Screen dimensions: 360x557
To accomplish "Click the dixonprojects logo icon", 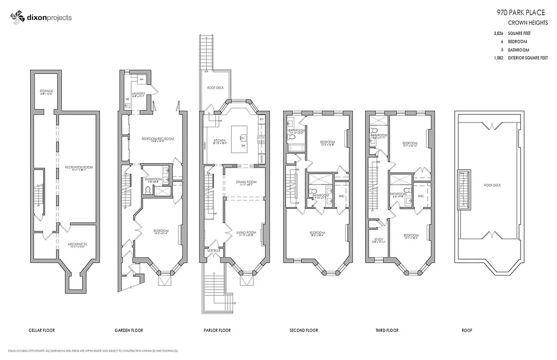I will click(17, 17).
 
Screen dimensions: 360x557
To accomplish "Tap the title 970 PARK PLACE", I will click(521, 13).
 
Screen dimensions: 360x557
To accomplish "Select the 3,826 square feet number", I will click(498, 33).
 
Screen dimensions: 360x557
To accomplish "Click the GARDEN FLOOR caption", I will click(129, 330).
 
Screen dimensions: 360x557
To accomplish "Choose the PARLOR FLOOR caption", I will click(217, 330).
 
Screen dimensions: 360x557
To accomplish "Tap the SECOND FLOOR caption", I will click(303, 330).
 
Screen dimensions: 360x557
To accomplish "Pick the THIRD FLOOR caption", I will click(387, 330).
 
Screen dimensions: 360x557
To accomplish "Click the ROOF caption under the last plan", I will click(466, 330).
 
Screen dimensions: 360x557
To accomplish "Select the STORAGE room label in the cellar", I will click(46, 91).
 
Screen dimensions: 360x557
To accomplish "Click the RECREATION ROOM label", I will click(78, 167).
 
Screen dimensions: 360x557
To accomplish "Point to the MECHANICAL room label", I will click(77, 244).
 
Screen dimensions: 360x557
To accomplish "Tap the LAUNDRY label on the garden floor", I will click(138, 94).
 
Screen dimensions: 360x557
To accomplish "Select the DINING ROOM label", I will click(246, 182).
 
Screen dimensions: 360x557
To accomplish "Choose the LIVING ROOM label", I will click(246, 232).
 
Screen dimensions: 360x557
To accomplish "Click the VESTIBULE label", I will click(213, 250).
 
